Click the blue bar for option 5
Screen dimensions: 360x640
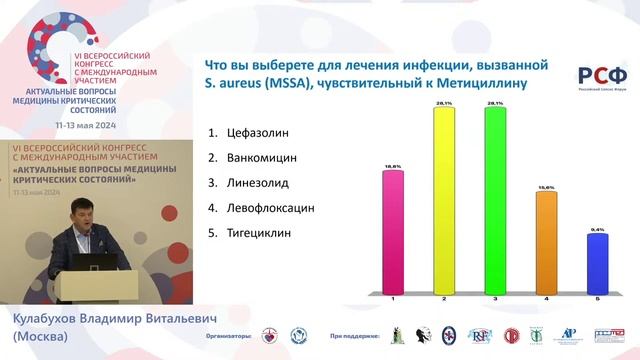tap(597, 261)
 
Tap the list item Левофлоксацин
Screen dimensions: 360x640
tap(261, 208)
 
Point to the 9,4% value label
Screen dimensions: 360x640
tap(597, 229)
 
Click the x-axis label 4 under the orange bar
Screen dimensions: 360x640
tap(546, 298)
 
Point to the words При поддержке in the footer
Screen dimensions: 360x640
tap(354, 337)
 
